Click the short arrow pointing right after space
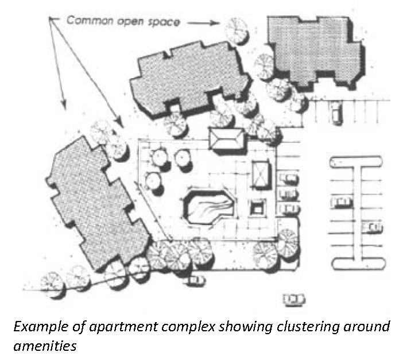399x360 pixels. [203, 23]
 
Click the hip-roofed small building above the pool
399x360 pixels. [226, 139]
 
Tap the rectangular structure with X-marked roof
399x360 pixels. [261, 173]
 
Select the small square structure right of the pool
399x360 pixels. [257, 206]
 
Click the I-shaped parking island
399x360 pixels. [355, 212]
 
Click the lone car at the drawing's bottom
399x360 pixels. [294, 299]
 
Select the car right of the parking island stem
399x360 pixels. [373, 228]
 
